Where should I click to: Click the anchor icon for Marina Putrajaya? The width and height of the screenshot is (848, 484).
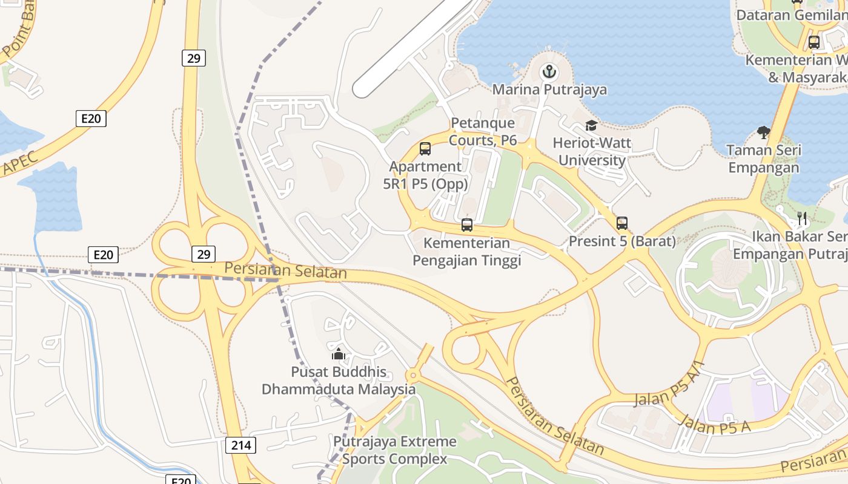(549, 73)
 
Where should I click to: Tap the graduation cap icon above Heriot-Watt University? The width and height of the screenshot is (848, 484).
(591, 126)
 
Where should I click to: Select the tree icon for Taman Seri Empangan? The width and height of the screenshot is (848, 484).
(764, 132)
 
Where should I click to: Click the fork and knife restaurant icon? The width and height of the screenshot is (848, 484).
(802, 218)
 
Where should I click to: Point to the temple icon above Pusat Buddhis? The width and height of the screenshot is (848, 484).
(338, 353)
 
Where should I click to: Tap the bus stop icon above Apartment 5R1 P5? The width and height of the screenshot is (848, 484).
(425, 148)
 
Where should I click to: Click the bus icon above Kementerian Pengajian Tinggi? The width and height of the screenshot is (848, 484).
(466, 225)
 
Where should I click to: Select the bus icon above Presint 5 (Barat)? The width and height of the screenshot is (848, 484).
(622, 223)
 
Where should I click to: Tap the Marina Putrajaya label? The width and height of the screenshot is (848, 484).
(549, 90)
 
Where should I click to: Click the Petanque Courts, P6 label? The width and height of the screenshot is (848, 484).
(483, 132)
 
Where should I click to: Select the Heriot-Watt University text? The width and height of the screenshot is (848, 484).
(592, 152)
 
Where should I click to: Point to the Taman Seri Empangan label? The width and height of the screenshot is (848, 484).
(764, 159)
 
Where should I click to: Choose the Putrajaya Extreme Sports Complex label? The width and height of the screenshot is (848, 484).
(395, 450)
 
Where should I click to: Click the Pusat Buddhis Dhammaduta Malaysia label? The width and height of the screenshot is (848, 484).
(339, 381)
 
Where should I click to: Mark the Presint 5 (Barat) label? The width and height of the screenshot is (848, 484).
(622, 241)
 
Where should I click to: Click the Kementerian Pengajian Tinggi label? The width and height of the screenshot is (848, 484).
(466, 252)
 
